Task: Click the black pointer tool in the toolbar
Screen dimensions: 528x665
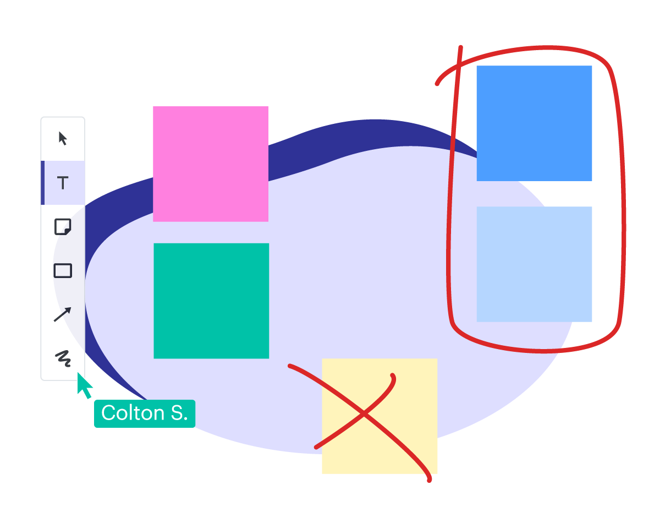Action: click(63, 138)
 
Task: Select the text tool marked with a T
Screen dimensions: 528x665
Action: click(63, 183)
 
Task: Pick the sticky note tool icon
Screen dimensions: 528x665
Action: click(63, 226)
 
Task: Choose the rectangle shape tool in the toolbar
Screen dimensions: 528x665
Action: click(63, 271)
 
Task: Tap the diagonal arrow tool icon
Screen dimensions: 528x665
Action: click(62, 315)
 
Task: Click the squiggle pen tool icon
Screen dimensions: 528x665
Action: click(63, 358)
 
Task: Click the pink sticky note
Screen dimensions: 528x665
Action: click(211, 164)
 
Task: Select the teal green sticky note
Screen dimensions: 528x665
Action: click(211, 301)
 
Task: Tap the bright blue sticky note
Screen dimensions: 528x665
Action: click(534, 123)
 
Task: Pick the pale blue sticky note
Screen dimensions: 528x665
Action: click(534, 264)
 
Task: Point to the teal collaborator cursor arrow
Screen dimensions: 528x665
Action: click(84, 385)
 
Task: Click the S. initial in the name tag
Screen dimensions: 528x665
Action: click(179, 413)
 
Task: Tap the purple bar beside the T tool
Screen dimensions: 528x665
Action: click(42, 183)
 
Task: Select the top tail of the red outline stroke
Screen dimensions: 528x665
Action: click(460, 48)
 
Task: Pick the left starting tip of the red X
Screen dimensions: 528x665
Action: click(290, 366)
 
